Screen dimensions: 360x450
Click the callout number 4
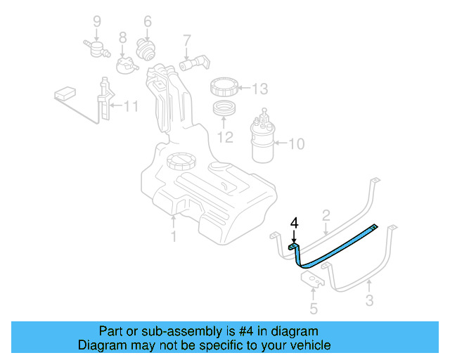click(x=295, y=223)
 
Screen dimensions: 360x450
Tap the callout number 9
click(x=97, y=21)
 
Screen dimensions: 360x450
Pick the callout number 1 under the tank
click(x=174, y=237)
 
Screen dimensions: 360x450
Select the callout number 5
click(x=314, y=308)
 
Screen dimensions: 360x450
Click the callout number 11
click(x=131, y=107)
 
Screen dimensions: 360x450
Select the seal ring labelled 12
click(x=225, y=110)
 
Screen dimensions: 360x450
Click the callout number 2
click(x=326, y=215)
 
